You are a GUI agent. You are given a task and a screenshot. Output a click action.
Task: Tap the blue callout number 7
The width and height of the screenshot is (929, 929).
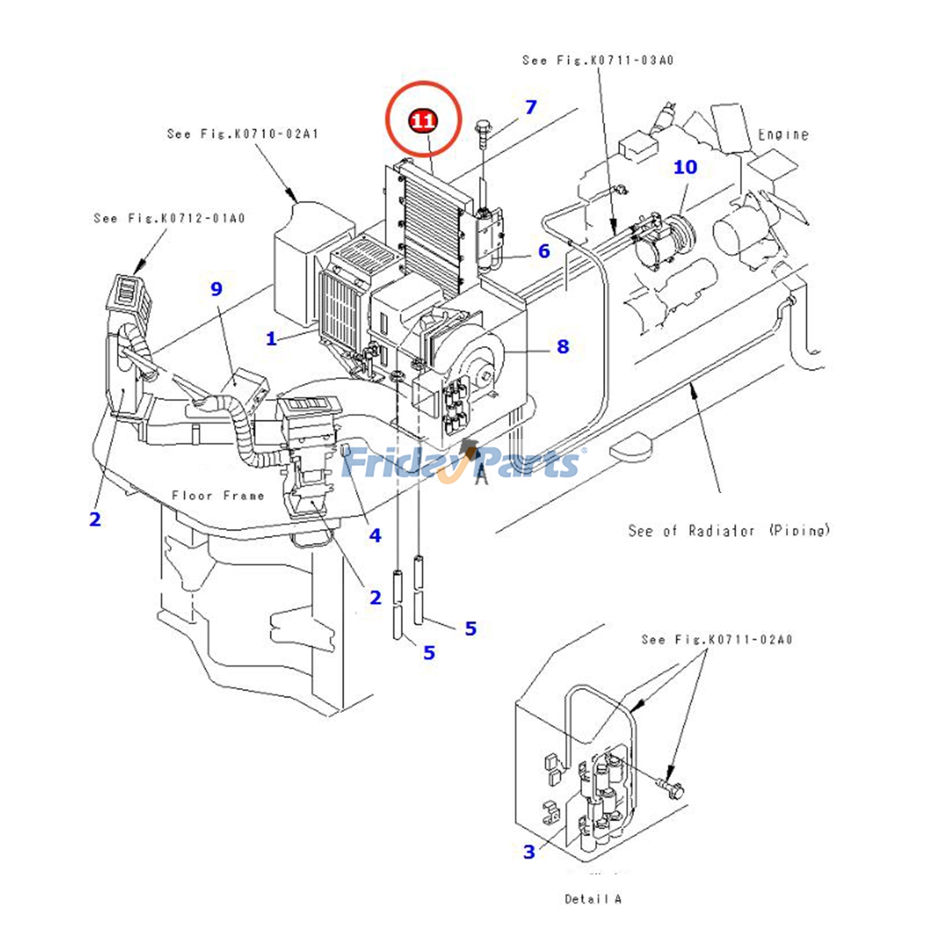(531, 107)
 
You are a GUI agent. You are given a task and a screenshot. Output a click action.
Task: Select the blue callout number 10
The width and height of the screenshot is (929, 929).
(685, 167)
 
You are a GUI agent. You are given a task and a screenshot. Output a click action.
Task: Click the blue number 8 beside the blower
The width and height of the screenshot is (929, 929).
(563, 347)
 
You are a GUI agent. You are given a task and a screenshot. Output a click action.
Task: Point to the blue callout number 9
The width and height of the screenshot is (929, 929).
(217, 289)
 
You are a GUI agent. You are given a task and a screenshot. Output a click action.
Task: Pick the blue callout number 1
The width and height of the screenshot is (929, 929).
(271, 339)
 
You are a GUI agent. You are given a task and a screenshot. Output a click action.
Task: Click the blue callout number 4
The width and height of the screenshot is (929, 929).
(375, 535)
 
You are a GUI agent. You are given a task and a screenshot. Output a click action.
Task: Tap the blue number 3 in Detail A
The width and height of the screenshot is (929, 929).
(529, 852)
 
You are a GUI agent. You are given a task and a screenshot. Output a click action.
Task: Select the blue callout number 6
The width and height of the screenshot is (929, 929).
(543, 251)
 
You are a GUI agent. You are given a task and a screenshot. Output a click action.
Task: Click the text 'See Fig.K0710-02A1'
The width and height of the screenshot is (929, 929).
(243, 134)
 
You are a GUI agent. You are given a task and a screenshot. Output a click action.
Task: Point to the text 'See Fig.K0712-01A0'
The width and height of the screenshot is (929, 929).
(170, 218)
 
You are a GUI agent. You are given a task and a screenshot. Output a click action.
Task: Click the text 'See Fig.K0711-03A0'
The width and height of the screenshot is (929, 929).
(597, 60)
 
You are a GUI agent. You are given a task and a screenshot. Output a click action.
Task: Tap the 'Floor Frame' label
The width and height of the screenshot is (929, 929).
(218, 495)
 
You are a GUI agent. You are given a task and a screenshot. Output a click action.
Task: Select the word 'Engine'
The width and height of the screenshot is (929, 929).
(783, 135)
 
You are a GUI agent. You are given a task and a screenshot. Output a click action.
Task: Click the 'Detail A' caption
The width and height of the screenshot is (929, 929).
(593, 899)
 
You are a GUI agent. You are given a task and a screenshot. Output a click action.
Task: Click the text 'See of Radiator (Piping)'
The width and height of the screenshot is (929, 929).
(729, 530)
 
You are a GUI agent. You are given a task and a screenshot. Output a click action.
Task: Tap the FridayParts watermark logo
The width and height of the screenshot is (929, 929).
(462, 463)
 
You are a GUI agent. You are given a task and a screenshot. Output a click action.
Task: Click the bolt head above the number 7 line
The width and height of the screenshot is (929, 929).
(482, 126)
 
